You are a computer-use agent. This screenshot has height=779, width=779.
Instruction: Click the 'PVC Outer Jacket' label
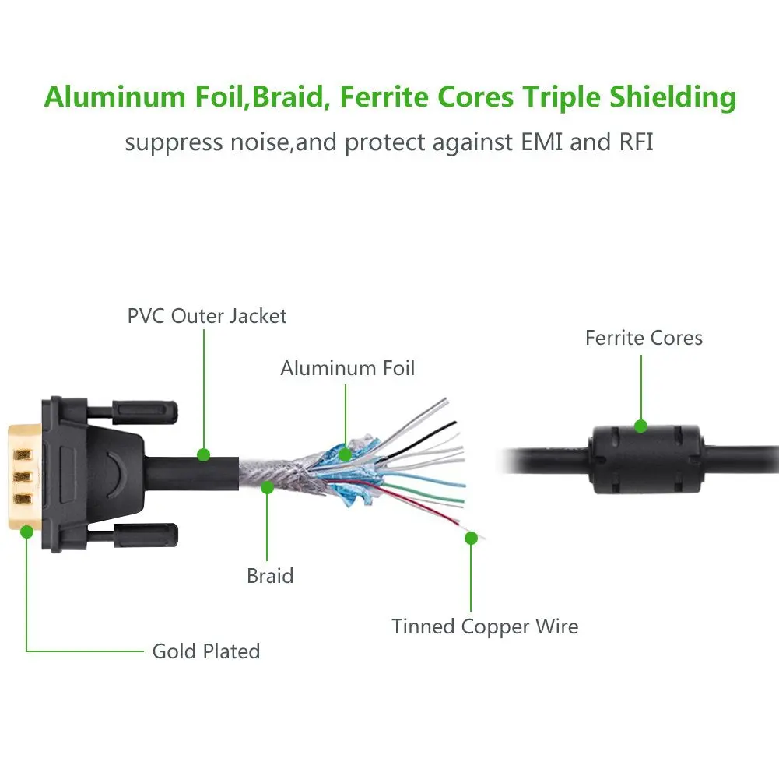207,316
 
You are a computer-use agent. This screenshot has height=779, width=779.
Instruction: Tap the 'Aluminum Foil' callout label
348,368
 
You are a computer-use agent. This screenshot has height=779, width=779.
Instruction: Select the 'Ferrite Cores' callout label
644,338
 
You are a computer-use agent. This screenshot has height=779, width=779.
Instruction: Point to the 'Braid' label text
270,576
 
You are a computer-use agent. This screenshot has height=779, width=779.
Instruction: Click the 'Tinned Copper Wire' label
485,626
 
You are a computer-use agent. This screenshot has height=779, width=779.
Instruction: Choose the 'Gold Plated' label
206,651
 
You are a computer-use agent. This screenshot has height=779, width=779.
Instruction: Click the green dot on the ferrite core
640,426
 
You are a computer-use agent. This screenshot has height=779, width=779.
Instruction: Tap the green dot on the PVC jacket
204,454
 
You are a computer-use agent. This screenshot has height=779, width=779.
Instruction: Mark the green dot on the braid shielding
268,488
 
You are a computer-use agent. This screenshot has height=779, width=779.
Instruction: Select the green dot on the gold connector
26,532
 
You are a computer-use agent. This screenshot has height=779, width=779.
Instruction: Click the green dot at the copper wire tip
471,537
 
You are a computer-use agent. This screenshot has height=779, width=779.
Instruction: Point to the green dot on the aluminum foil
346,454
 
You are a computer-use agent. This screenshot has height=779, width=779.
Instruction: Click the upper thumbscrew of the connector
145,409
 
